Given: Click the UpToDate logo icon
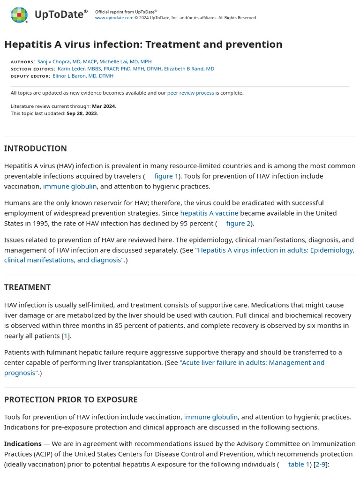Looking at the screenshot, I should pyautogui.click(x=19, y=15).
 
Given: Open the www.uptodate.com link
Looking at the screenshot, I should pyautogui.click(x=114, y=18).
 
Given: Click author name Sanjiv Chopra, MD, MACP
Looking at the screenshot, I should pyautogui.click(x=67, y=62).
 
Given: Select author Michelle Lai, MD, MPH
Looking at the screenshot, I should pyautogui.click(x=125, y=62).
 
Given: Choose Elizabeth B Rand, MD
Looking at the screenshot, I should pyautogui.click(x=189, y=69).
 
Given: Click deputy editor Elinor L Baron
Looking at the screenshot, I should pyautogui.click(x=83, y=76).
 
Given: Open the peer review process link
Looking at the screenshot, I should pyautogui.click(x=190, y=93).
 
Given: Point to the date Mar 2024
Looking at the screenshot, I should pyautogui.click(x=104, y=106).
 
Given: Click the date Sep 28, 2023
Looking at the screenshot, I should pyautogui.click(x=82, y=113).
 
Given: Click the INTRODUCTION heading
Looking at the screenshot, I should pyautogui.click(x=36, y=149).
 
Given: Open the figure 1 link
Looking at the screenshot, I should pyautogui.click(x=166, y=176).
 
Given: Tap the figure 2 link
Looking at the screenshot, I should pyautogui.click(x=238, y=224).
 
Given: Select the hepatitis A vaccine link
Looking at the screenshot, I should pyautogui.click(x=209, y=213).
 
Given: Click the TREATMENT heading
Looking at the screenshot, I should pyautogui.click(x=27, y=287).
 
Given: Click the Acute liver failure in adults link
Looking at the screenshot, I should pyautogui.click(x=252, y=363).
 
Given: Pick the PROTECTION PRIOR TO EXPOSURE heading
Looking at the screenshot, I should pyautogui.click(x=71, y=400).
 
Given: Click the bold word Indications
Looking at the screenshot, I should pyautogui.click(x=23, y=444).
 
